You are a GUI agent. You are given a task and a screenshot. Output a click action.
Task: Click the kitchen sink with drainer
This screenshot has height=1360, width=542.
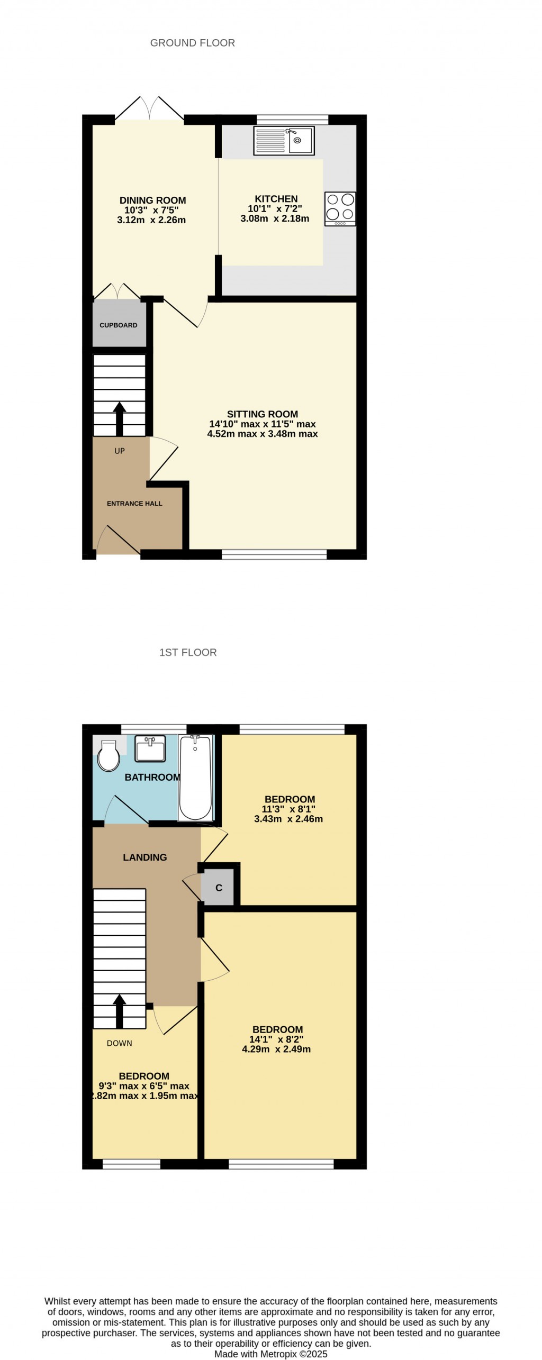click(x=284, y=140)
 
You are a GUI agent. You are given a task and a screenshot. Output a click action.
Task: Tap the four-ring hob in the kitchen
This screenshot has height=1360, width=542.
click(x=340, y=208)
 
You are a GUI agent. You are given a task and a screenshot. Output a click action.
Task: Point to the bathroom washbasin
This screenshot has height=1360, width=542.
click(x=150, y=748)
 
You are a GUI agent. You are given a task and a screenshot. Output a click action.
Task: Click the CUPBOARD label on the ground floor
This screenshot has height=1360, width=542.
click(x=119, y=325)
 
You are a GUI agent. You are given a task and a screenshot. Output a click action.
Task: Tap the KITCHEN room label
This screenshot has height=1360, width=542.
click(x=276, y=199)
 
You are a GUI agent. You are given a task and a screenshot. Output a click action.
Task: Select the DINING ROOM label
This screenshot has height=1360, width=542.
click(x=152, y=200)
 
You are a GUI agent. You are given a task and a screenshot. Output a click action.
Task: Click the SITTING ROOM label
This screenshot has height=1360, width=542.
click(x=263, y=414)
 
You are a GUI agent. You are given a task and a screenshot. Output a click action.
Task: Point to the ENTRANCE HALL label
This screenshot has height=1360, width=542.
click(x=134, y=503)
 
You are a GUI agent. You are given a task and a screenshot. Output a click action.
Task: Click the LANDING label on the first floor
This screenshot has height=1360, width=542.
click(x=144, y=857)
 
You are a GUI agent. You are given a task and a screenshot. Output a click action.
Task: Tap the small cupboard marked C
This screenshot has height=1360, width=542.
click(x=219, y=888)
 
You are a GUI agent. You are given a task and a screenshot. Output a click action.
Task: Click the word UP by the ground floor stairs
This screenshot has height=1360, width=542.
click(x=120, y=451)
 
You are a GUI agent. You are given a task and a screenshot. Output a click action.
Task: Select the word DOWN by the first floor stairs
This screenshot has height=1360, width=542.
click(x=119, y=1043)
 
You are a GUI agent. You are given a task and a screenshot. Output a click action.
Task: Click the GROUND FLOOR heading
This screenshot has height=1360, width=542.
click(x=193, y=43)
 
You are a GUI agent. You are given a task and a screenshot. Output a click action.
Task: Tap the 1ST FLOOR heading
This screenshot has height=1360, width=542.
click(x=188, y=652)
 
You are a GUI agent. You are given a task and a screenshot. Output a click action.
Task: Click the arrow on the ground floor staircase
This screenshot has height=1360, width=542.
click(x=119, y=418)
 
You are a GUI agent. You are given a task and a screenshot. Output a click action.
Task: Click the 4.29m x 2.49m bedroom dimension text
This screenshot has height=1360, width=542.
click(x=276, y=1048)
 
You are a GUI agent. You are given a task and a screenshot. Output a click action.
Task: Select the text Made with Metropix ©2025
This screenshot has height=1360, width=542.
click(x=271, y=1354)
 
